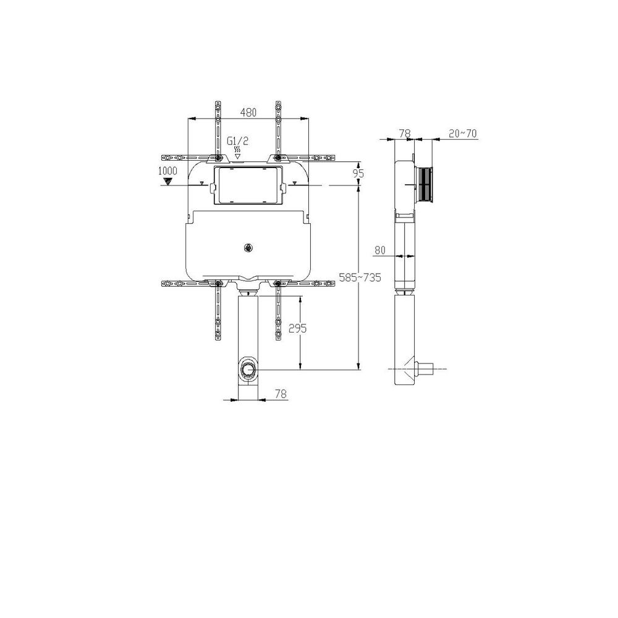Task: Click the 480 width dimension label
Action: [x=248, y=112]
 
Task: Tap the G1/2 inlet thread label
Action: [x=238, y=141]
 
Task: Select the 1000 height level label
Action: [x=167, y=171]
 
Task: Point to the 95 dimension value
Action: [x=358, y=173]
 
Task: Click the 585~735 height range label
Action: [x=360, y=277]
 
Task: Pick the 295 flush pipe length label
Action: [x=298, y=328]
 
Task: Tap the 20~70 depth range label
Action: [x=463, y=133]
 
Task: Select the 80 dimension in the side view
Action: [x=380, y=250]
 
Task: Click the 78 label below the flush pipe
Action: [x=281, y=393]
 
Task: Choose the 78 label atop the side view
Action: [x=405, y=133]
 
